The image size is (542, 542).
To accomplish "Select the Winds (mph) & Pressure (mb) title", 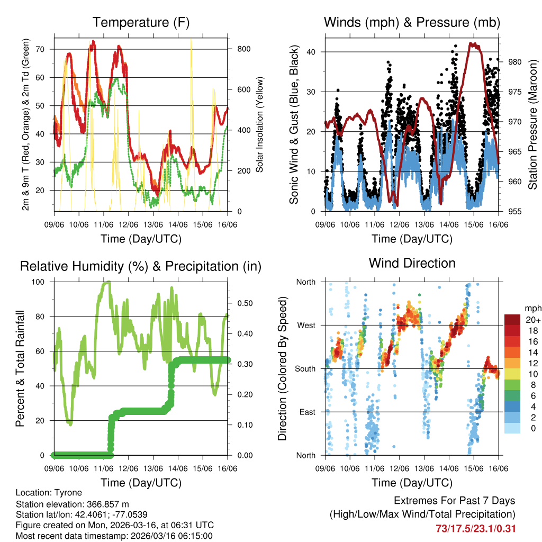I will coord(412,22).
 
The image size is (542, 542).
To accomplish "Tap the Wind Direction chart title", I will coord(412,263).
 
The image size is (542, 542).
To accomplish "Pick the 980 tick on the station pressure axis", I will coord(514,62).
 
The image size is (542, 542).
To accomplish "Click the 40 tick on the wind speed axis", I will coord(316,52).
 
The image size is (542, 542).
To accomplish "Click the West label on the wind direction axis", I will coord(306,325).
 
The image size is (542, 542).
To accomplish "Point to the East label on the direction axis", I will coord(307,412).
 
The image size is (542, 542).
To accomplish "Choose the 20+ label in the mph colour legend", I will coord(533,320).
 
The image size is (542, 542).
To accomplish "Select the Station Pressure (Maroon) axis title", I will coord(532,124).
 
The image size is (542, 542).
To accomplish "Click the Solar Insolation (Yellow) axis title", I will coord(260,124).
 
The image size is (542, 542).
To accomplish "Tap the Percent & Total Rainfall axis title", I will coord(20,369).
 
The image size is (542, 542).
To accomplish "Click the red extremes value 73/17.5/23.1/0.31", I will coord(475,528).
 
